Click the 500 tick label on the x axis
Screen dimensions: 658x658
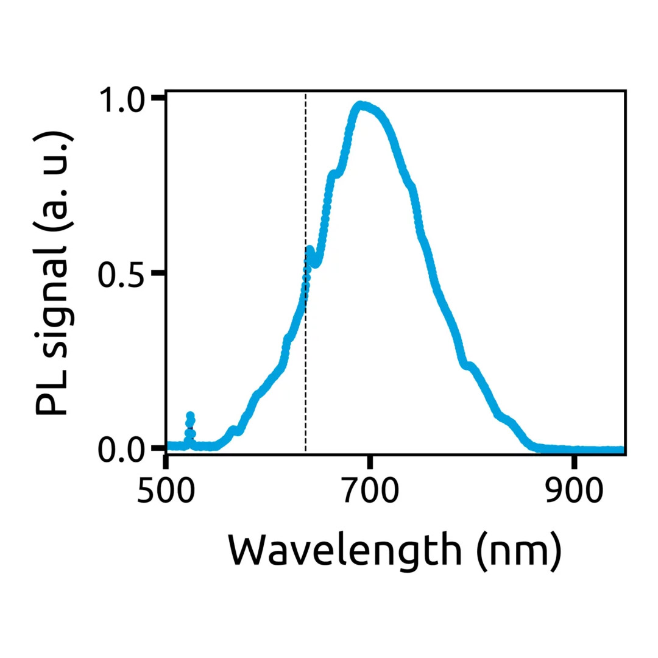click(x=166, y=491)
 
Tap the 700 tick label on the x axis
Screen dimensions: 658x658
click(x=369, y=491)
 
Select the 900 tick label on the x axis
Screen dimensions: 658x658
click(x=574, y=491)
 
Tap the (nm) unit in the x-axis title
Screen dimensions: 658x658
click(x=517, y=551)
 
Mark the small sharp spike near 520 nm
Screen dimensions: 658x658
click(x=190, y=418)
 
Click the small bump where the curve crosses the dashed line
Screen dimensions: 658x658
click(x=310, y=250)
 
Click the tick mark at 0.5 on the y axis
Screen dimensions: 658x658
click(x=158, y=274)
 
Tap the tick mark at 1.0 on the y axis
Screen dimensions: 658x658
click(x=158, y=97)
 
